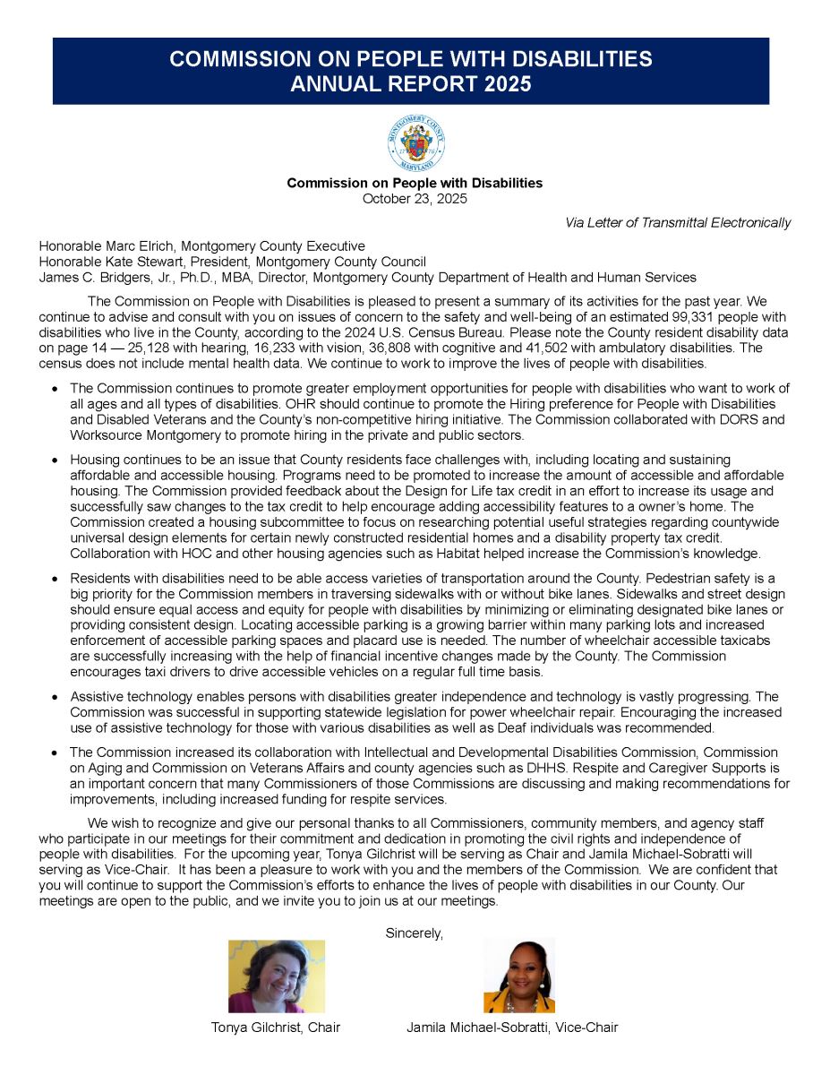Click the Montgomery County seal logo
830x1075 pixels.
click(415, 143)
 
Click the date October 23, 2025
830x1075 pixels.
click(415, 199)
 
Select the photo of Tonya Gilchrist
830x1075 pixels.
click(276, 976)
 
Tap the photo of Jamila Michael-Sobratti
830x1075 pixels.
click(518, 976)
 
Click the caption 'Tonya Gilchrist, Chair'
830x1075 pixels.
click(275, 1028)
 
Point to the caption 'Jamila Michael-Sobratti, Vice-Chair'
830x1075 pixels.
click(512, 1028)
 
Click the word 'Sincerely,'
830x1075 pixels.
click(415, 933)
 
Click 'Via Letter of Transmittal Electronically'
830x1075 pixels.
click(678, 222)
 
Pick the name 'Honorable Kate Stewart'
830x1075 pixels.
click(112, 262)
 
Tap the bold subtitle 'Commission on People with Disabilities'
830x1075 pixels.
click(415, 183)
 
